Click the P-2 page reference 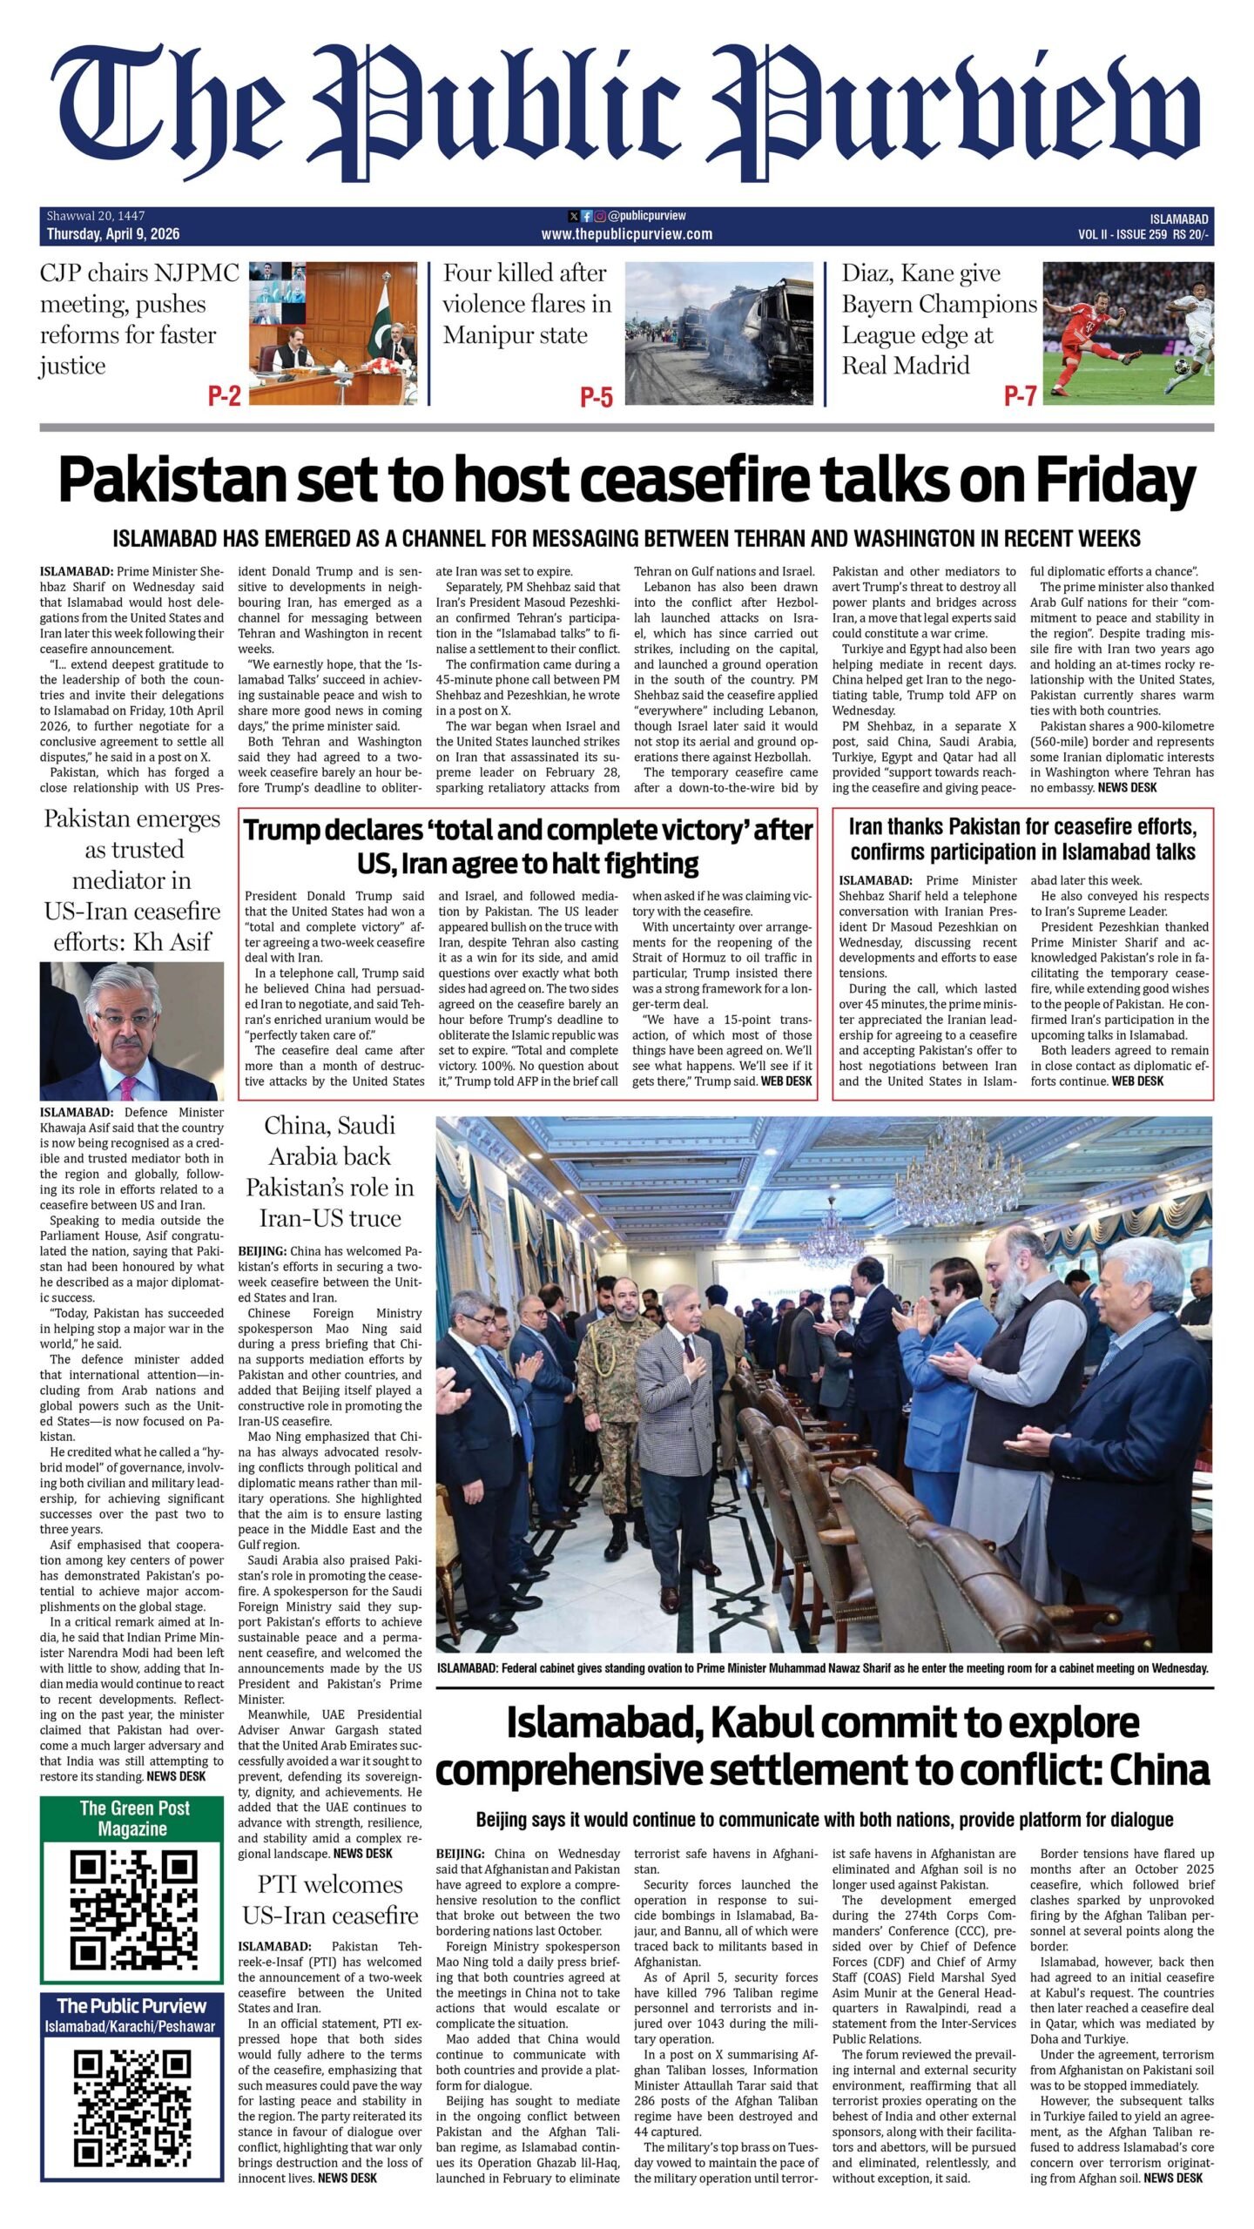(x=224, y=397)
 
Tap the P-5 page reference (x=597, y=398)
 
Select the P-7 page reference (x=1020, y=396)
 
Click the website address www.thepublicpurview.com (x=626, y=233)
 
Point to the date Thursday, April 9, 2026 (x=113, y=234)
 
